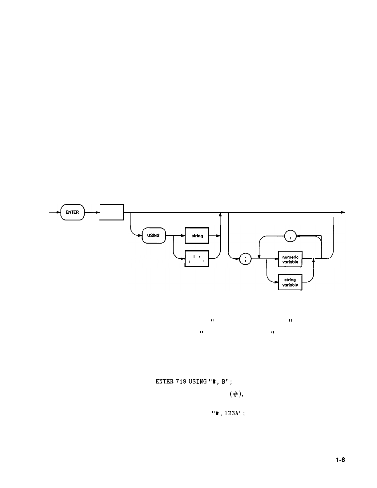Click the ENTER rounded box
click(72, 212)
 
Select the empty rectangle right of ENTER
click(111, 212)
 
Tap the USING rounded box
click(153, 236)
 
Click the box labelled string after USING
click(197, 236)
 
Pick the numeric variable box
click(290, 259)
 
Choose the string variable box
click(290, 282)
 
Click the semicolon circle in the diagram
click(245, 259)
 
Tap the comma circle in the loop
click(290, 236)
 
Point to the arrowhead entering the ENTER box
click(58, 212)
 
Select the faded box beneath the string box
click(197, 259)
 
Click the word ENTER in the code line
click(165, 381)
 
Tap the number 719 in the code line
click(181, 381)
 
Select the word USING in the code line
click(198, 381)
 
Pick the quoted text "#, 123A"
click(228, 413)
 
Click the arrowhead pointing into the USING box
click(140, 236)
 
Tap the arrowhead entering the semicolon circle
click(238, 259)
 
